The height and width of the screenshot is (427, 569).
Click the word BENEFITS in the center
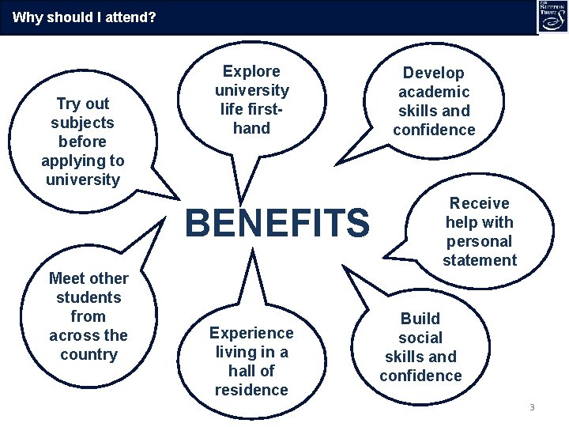(x=277, y=223)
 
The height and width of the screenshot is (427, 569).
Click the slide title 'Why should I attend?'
(x=84, y=16)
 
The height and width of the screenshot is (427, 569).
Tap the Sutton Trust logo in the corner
(x=552, y=17)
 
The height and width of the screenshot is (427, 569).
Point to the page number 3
(x=532, y=407)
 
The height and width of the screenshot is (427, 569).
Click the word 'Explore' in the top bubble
(x=251, y=71)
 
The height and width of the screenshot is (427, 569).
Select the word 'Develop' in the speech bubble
(x=434, y=73)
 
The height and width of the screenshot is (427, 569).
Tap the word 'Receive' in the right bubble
(x=479, y=203)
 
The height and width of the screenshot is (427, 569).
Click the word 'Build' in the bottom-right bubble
(x=420, y=319)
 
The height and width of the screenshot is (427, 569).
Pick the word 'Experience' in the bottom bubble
(x=251, y=333)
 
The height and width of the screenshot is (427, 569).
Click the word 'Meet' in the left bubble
(x=66, y=278)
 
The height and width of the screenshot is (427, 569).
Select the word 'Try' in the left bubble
(x=68, y=104)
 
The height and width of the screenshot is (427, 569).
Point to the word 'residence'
(x=251, y=390)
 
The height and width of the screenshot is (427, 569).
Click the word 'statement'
(x=479, y=260)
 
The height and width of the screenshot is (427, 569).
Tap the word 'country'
(x=88, y=354)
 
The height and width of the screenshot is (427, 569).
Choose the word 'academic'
(x=434, y=92)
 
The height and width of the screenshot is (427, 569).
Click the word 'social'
(x=420, y=338)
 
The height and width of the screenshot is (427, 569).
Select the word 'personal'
(x=479, y=241)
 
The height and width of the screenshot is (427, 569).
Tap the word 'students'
(x=89, y=297)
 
